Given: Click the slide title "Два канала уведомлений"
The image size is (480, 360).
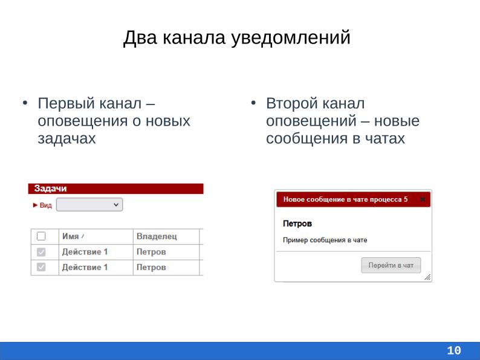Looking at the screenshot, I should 236,37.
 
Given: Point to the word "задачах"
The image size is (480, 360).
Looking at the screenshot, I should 66,138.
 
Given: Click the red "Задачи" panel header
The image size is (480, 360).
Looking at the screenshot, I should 115,188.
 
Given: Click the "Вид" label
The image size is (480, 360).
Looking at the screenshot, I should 45,205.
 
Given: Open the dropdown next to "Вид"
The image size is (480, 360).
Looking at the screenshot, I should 89,205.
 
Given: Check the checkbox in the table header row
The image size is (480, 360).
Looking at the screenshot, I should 42,236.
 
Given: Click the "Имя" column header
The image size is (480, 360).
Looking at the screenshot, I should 70,236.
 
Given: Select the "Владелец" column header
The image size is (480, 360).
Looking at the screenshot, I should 156,236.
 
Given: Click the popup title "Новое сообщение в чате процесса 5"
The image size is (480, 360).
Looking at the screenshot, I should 345,199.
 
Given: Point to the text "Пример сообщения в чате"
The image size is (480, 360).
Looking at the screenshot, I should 325,240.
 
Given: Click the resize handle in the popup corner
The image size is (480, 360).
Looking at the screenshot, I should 427,277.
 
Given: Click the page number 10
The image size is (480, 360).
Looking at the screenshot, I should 454,350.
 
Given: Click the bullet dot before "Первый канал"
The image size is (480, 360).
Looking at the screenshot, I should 25,103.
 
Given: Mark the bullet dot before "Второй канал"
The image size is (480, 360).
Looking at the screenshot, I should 255,103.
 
